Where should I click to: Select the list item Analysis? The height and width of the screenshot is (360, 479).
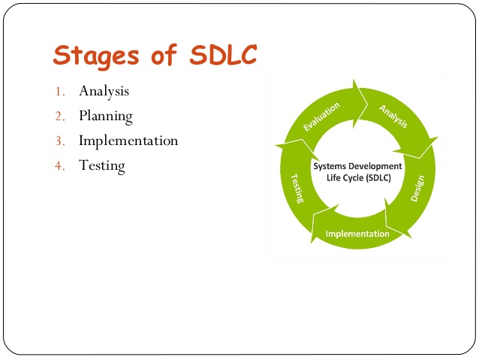104,91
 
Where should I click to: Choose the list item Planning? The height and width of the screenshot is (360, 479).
105,116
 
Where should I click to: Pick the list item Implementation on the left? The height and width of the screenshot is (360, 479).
128,141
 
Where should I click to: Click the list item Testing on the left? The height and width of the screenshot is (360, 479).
101,165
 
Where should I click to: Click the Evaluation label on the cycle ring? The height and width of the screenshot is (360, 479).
321,116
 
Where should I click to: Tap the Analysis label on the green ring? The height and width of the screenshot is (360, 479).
393,115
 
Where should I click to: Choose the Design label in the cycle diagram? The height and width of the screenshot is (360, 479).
417,189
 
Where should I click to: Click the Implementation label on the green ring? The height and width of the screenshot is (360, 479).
357,234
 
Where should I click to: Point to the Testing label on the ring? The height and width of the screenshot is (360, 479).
297,187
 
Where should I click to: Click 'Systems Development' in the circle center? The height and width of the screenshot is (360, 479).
357,165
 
